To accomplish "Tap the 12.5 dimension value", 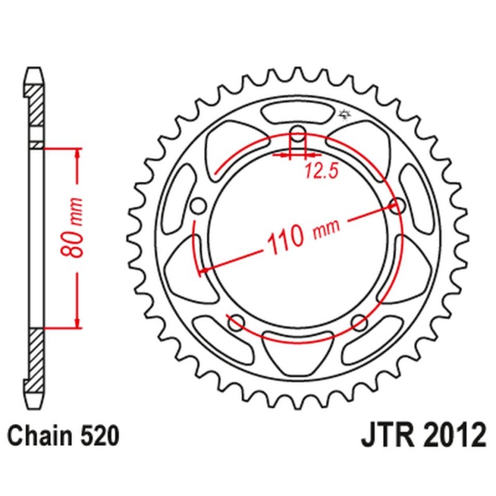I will [321, 171].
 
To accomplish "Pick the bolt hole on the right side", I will [397, 205].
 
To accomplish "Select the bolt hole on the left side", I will [199, 205].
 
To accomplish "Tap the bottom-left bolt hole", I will [236, 321].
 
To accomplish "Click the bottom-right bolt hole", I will [359, 321].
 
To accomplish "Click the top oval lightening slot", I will [298, 113].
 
